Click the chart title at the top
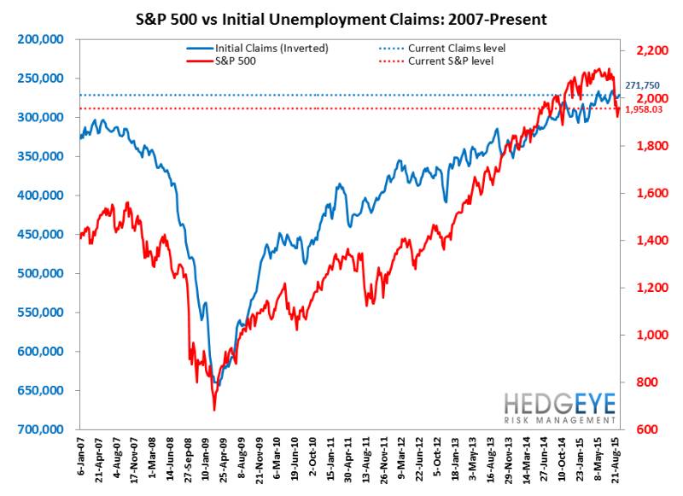click(341, 18)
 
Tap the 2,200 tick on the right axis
click(648, 52)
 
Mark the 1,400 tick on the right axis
click(648, 241)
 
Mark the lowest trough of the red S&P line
click(214, 410)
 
